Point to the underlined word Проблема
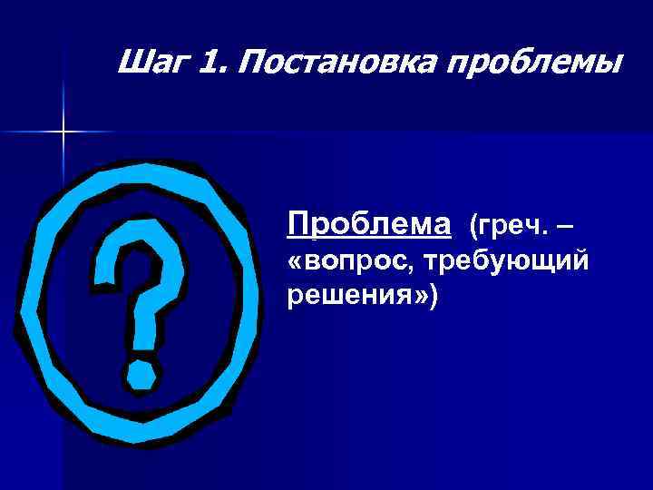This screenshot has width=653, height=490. coord(368,222)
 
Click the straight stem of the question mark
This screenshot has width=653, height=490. coord(141,322)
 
